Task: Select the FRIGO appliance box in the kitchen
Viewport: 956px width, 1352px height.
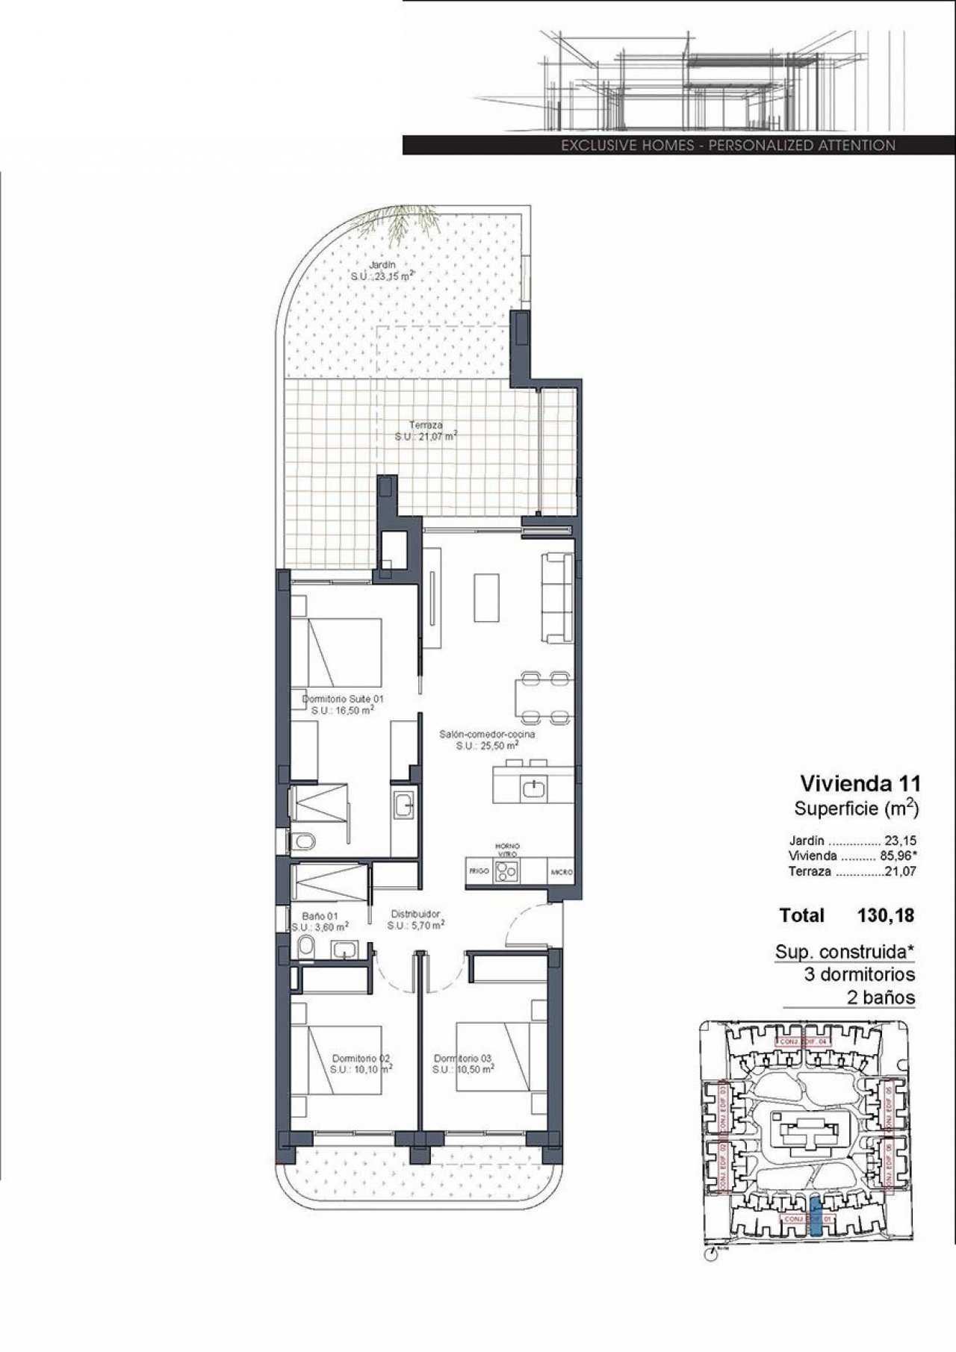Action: (477, 871)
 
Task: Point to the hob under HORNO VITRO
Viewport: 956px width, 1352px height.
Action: (507, 870)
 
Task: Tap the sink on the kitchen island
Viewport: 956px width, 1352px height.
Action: (535, 788)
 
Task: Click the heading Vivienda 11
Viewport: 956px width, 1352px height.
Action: (860, 783)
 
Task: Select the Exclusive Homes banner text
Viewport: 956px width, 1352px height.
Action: (728, 146)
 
